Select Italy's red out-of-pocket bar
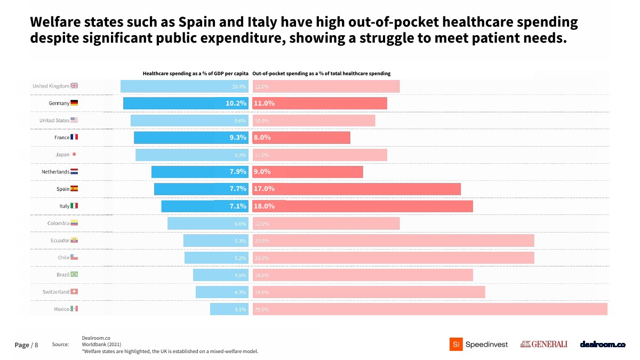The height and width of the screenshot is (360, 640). (x=363, y=206)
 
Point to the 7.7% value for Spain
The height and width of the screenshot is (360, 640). (x=238, y=189)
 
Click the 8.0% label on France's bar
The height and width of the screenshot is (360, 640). (x=262, y=138)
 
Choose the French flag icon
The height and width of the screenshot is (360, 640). (x=74, y=137)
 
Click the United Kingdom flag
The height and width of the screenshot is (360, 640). (x=74, y=86)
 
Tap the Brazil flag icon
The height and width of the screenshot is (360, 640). (x=74, y=275)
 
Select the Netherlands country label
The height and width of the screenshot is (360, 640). (x=55, y=172)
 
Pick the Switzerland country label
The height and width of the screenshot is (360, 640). (x=56, y=292)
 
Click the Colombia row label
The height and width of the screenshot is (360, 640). (x=58, y=223)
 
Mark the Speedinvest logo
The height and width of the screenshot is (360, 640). (x=479, y=345)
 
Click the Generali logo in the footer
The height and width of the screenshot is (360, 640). (x=543, y=345)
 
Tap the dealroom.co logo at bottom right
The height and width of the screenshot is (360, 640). (x=602, y=345)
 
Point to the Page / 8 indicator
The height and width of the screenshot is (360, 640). (x=26, y=345)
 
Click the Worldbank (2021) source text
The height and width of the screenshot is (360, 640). (x=98, y=345)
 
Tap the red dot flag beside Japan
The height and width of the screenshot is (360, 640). (x=74, y=155)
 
